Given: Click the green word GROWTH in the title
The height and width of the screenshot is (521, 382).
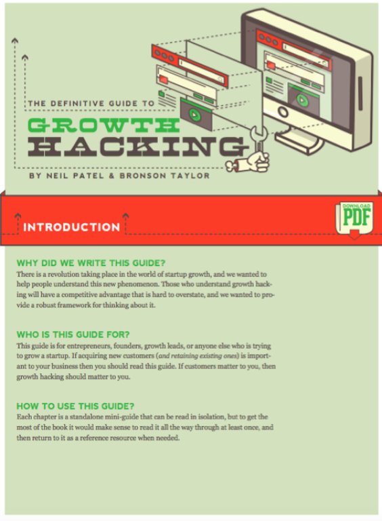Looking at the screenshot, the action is tap(104, 125).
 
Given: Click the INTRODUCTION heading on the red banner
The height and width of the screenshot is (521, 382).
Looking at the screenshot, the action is tap(72, 227).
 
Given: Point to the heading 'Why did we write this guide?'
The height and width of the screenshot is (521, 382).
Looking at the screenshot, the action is tap(91, 263).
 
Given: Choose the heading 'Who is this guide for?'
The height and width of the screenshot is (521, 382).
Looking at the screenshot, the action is tap(73, 334).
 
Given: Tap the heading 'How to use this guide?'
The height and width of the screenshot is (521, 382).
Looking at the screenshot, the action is tap(75, 406).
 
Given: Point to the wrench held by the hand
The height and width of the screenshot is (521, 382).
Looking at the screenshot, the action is tap(259, 141).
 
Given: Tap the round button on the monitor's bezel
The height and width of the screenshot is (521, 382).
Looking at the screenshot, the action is tap(283, 112).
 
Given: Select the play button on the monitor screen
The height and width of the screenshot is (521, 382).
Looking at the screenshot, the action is tap(301, 99).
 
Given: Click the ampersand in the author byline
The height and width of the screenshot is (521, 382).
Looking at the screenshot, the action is tap(111, 176).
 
